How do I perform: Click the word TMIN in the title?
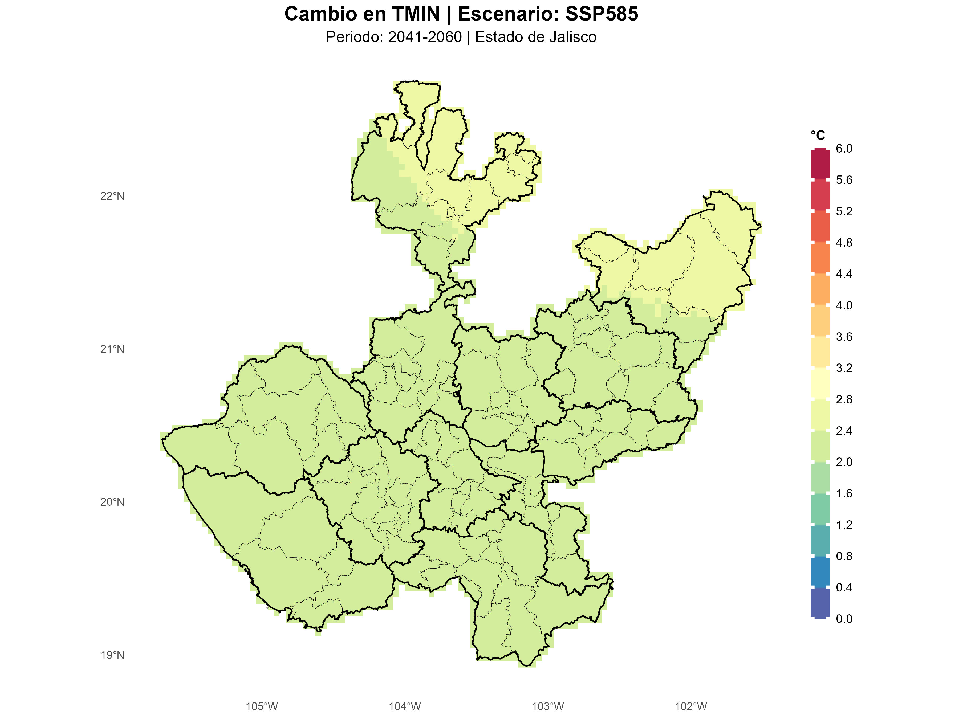tap(416, 14)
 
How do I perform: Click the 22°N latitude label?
tap(112, 196)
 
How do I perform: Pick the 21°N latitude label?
tap(112, 349)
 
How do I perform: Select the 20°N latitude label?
tap(112, 502)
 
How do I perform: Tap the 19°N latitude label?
tap(112, 655)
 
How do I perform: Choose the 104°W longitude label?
tap(404, 706)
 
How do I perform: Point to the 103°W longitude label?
tap(548, 706)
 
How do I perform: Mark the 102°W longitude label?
tap(691, 706)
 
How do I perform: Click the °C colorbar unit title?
tap(818, 136)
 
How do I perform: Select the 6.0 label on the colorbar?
tap(844, 149)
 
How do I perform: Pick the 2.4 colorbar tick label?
tap(844, 431)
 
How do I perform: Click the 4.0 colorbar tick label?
tap(844, 305)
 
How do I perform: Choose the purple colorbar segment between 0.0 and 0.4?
tap(820, 603)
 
